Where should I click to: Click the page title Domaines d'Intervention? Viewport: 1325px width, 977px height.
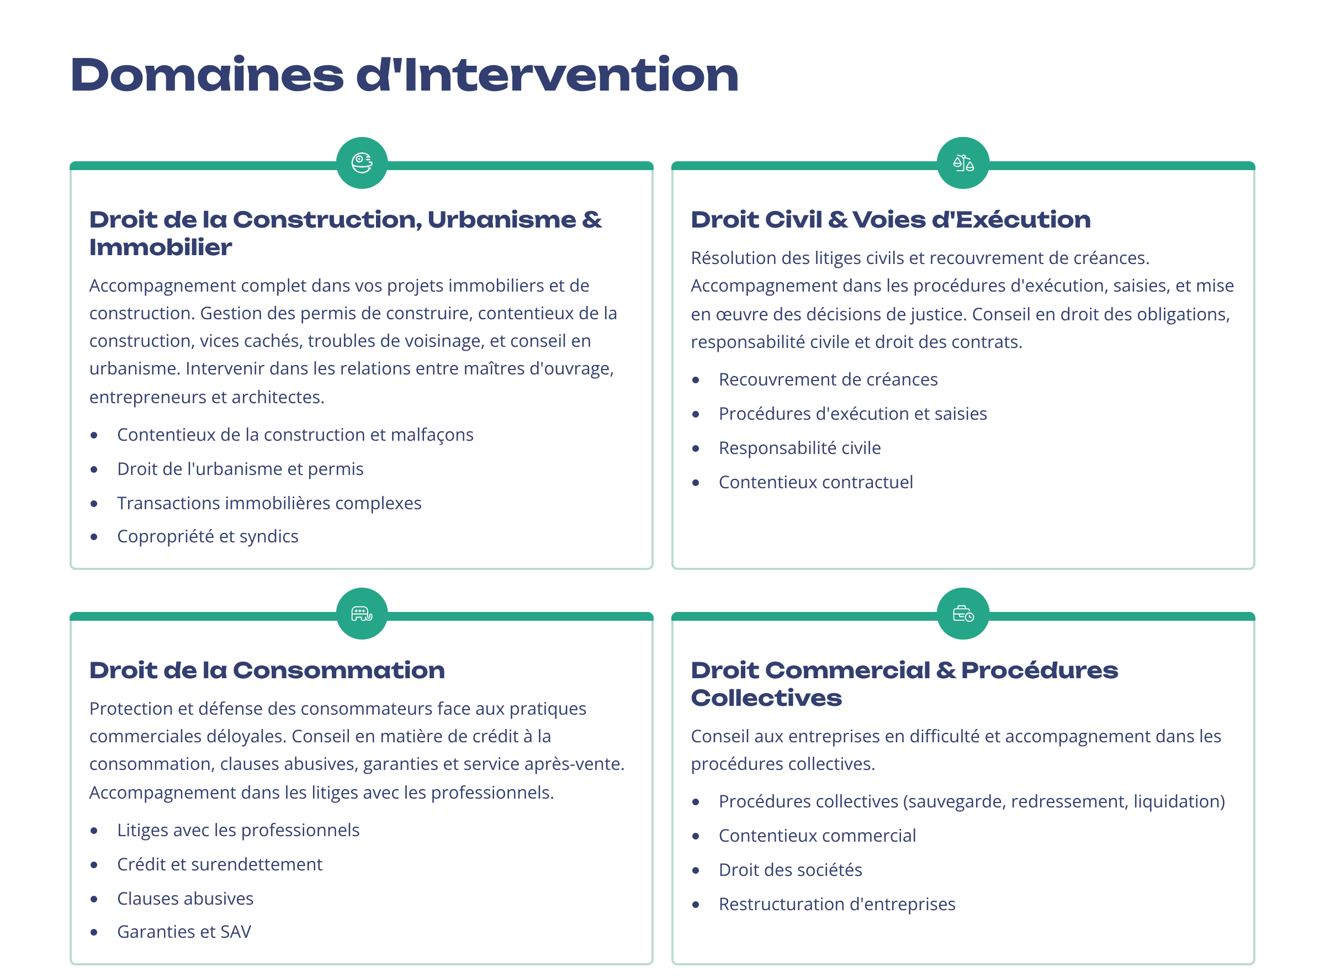(x=405, y=75)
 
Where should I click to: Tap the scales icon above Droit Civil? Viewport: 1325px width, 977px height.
(x=963, y=162)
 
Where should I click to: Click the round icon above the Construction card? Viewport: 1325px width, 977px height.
(x=362, y=162)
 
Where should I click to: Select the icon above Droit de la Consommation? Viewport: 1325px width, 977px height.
(x=362, y=613)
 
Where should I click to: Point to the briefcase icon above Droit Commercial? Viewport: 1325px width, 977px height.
(x=963, y=613)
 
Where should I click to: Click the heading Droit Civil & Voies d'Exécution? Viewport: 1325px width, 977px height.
(x=891, y=219)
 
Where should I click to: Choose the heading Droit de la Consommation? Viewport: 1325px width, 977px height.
(x=267, y=670)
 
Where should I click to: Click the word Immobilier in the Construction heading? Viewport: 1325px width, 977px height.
(x=160, y=247)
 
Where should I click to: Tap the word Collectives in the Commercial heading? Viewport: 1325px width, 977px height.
(x=766, y=698)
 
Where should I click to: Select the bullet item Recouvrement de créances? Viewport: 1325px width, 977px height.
(x=828, y=379)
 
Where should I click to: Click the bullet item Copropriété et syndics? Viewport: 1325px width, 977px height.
(x=208, y=536)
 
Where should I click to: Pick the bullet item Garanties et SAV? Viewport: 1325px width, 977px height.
(x=184, y=932)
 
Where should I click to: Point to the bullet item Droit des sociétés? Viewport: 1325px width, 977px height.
(x=791, y=869)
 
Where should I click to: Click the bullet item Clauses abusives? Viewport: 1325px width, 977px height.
(x=185, y=899)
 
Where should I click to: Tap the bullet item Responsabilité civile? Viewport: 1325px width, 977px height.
(x=799, y=448)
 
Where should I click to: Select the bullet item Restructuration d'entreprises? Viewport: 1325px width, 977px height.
(x=836, y=904)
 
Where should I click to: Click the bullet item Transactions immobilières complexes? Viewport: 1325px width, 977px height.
(x=269, y=503)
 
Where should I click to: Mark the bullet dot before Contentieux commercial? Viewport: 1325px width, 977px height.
(x=696, y=836)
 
